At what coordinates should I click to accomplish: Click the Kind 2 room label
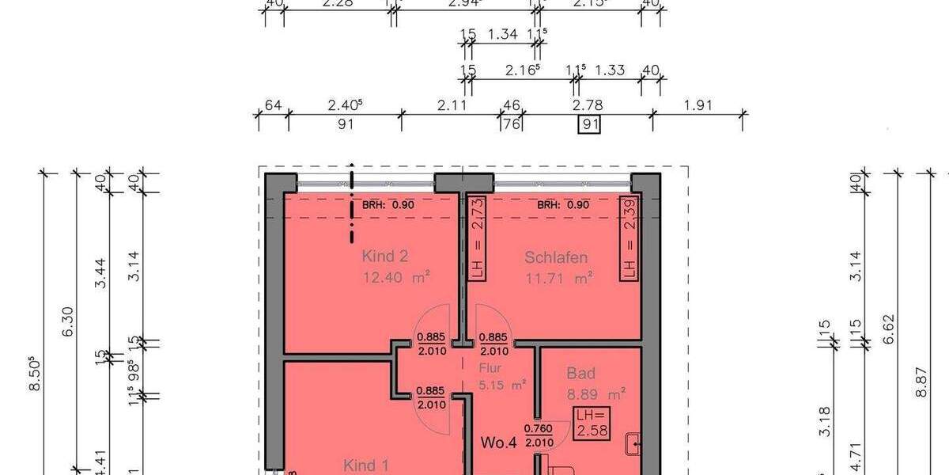(384, 256)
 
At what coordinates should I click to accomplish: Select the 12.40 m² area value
(395, 278)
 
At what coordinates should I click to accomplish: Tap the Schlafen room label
(556, 257)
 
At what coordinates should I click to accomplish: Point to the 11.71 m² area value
(559, 278)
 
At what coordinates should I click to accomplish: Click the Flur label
(490, 368)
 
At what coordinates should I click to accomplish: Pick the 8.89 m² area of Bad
(596, 393)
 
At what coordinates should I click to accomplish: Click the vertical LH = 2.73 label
(476, 237)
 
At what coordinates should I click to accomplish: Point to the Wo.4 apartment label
(498, 443)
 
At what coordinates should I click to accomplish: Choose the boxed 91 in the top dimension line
(588, 124)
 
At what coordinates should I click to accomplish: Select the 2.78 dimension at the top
(588, 104)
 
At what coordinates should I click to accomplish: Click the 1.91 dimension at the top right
(698, 104)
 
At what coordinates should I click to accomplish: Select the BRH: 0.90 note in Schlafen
(564, 204)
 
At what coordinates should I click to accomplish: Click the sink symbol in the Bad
(633, 446)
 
